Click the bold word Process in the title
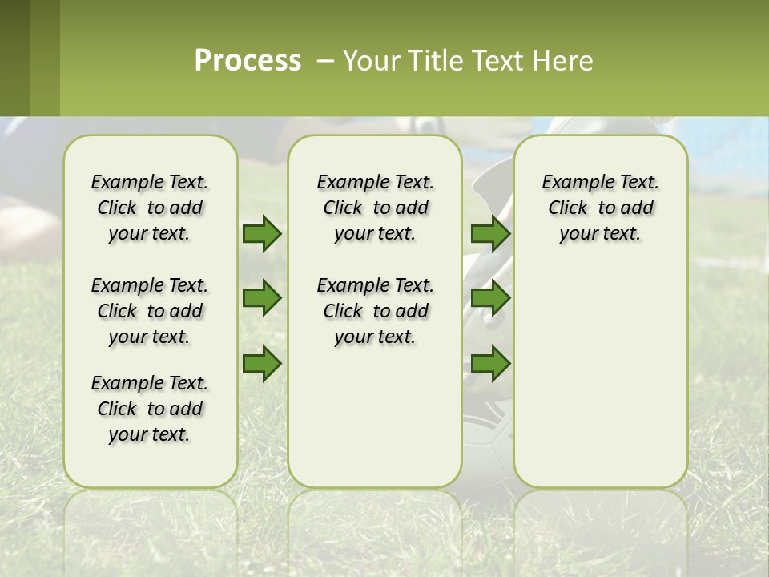tap(248, 61)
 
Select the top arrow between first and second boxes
tap(262, 234)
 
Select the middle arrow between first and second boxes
tap(262, 299)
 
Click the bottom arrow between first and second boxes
tap(262, 364)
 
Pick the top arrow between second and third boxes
tap(490, 234)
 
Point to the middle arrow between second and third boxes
tap(490, 299)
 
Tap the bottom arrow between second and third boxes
tap(490, 364)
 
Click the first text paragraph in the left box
tap(150, 208)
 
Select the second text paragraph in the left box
tap(150, 311)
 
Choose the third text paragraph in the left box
tap(150, 409)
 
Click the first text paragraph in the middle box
tap(375, 208)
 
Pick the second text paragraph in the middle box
tap(375, 311)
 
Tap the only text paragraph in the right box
tap(601, 208)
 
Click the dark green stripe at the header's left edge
tap(14, 58)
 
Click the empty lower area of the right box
tap(601, 385)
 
